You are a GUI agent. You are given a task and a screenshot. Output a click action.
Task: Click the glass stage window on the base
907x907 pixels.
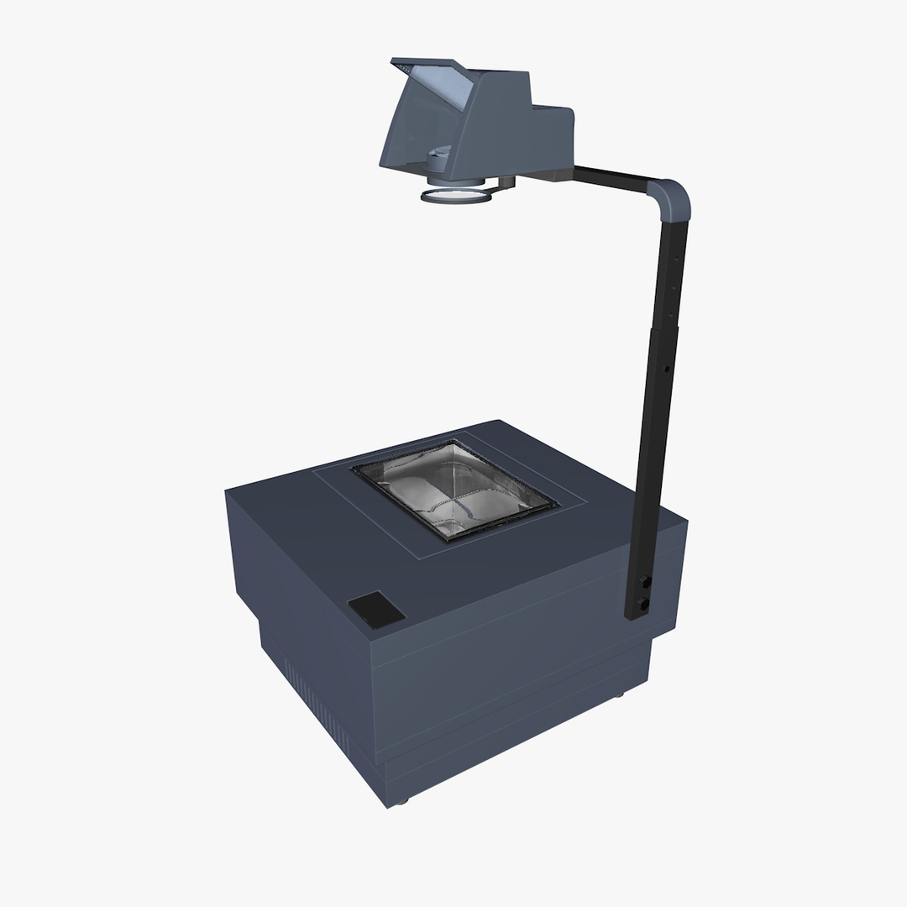454,490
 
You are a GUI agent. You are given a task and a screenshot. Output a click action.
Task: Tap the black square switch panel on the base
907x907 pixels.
375,610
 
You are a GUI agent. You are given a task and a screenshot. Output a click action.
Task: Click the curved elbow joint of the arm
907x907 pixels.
673,199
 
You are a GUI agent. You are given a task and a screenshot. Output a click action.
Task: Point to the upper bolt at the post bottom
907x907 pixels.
645,581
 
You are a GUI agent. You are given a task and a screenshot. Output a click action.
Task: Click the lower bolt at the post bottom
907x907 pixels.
643,603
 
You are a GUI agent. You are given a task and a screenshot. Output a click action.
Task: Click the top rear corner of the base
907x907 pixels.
499,422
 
